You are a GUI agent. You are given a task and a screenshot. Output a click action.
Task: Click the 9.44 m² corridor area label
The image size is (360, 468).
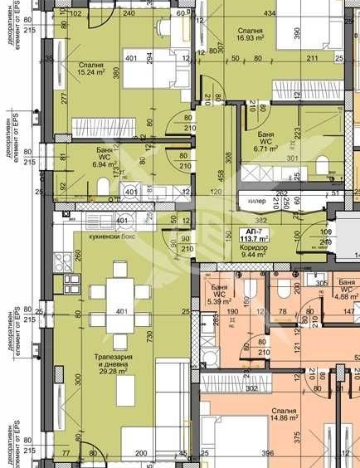(255, 256)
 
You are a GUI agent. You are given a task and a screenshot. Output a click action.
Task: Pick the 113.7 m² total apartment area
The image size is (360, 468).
(255, 238)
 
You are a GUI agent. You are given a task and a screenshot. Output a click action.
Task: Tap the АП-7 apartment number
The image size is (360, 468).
(255, 230)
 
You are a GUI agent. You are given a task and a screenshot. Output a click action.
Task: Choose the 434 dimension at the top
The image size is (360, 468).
(270, 13)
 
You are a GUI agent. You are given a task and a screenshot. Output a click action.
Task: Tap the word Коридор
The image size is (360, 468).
(255, 247)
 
